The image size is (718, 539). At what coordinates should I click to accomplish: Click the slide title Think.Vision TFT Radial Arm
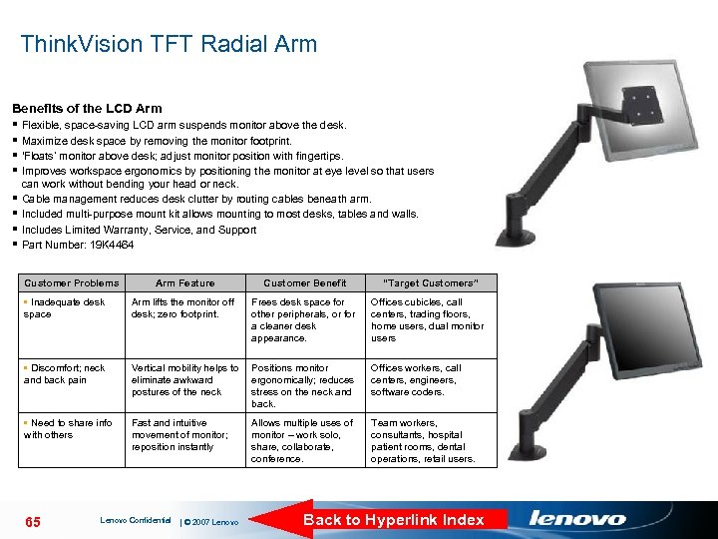pos(169,44)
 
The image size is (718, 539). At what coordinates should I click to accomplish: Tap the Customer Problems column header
pos(71,282)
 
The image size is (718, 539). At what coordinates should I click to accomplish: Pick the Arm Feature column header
pos(184,282)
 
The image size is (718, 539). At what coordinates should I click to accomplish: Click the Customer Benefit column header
pos(304,282)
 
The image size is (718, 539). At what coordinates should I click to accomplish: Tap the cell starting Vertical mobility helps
pos(184,379)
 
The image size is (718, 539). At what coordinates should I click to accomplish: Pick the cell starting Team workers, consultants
pos(423,440)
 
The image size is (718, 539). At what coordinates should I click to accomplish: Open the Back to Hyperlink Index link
pos(393,519)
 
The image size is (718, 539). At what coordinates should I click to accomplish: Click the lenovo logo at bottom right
pos(577,518)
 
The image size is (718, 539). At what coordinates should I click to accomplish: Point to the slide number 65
pos(32,522)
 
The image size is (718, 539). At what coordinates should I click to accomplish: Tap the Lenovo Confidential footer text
pos(135,520)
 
